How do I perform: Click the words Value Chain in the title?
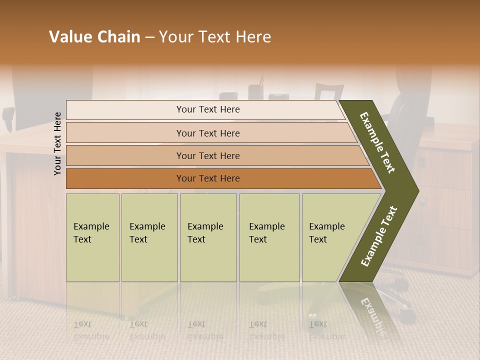pos(94,37)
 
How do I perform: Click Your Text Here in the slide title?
pos(215,37)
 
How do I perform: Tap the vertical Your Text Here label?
pos(57,143)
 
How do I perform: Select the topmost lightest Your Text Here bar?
pos(207,109)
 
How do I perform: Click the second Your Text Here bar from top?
pos(207,133)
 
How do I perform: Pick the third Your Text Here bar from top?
pos(207,155)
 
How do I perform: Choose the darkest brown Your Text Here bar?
pos(207,178)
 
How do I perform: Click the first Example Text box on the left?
pos(92,237)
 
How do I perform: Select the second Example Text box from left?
pos(149,237)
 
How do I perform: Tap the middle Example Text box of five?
pos(207,237)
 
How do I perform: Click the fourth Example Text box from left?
pos(269,237)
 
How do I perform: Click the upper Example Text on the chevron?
pos(377,142)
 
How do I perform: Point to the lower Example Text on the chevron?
pos(379,236)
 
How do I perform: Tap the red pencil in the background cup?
pos(261,80)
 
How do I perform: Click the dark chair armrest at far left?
pos(7,117)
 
